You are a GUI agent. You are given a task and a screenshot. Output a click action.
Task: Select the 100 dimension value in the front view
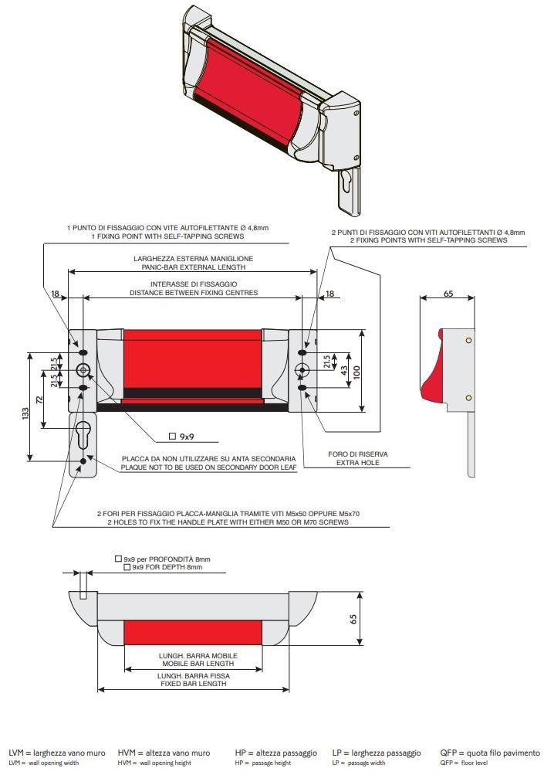point(356,372)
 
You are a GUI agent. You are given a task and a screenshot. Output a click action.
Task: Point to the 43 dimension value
point(343,370)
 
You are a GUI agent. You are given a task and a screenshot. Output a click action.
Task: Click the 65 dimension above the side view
point(448,294)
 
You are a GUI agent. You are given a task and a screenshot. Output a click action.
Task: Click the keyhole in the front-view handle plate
point(83,434)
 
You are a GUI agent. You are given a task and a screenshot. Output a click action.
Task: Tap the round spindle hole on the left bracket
point(83,369)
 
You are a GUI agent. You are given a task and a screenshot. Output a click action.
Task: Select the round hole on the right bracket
point(302,369)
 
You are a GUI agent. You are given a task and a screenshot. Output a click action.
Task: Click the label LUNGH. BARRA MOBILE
point(198,655)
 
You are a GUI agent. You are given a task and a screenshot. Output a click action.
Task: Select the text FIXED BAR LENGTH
point(196,684)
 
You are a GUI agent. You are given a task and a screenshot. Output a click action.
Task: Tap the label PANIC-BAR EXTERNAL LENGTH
point(193,267)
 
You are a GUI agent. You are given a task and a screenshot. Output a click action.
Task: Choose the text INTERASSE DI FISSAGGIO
point(193,284)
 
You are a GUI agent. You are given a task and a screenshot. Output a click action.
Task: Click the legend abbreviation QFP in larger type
point(450,752)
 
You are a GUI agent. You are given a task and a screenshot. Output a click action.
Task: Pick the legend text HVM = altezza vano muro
point(164,752)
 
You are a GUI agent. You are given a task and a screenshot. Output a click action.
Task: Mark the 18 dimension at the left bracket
point(55,294)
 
